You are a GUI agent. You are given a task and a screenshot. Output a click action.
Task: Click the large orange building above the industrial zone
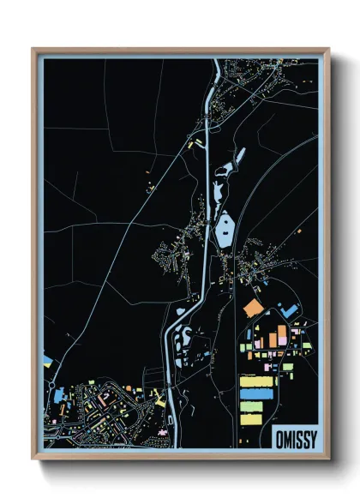[253, 307]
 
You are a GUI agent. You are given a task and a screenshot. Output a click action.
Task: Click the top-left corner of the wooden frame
[34, 51]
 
